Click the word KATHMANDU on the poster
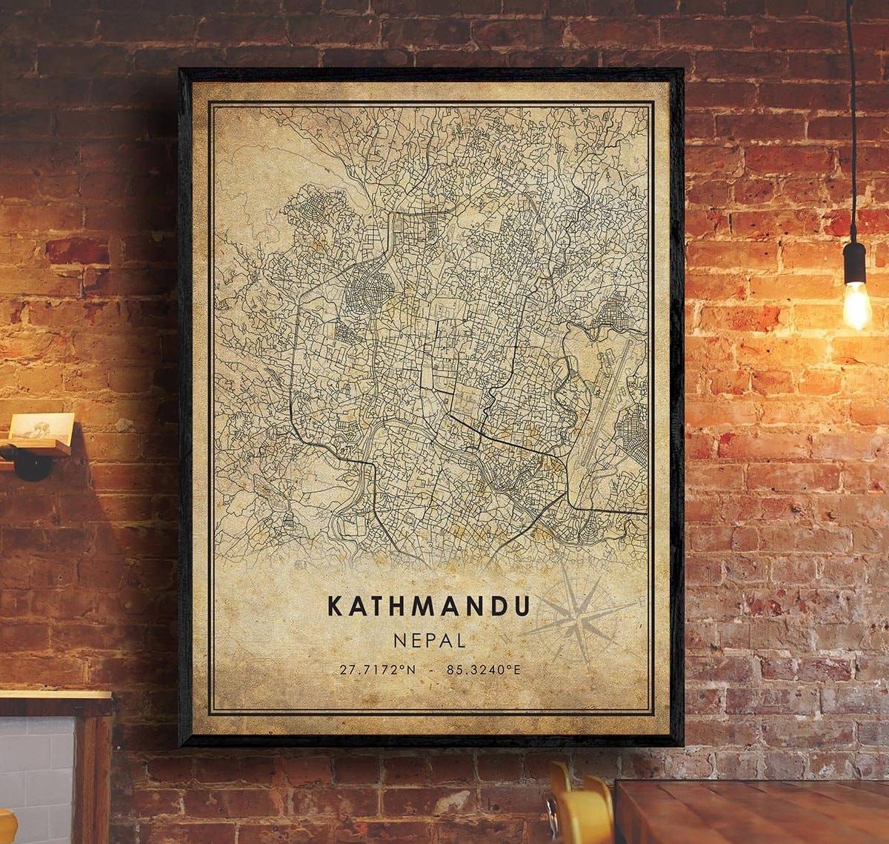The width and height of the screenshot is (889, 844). tap(429, 605)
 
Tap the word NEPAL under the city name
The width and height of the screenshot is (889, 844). tap(430, 639)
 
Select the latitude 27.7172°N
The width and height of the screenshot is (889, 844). tap(378, 670)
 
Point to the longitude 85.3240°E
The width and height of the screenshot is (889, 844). tap(484, 670)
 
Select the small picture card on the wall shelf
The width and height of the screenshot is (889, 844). tap(41, 428)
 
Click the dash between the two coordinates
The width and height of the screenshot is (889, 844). tap(431, 670)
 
